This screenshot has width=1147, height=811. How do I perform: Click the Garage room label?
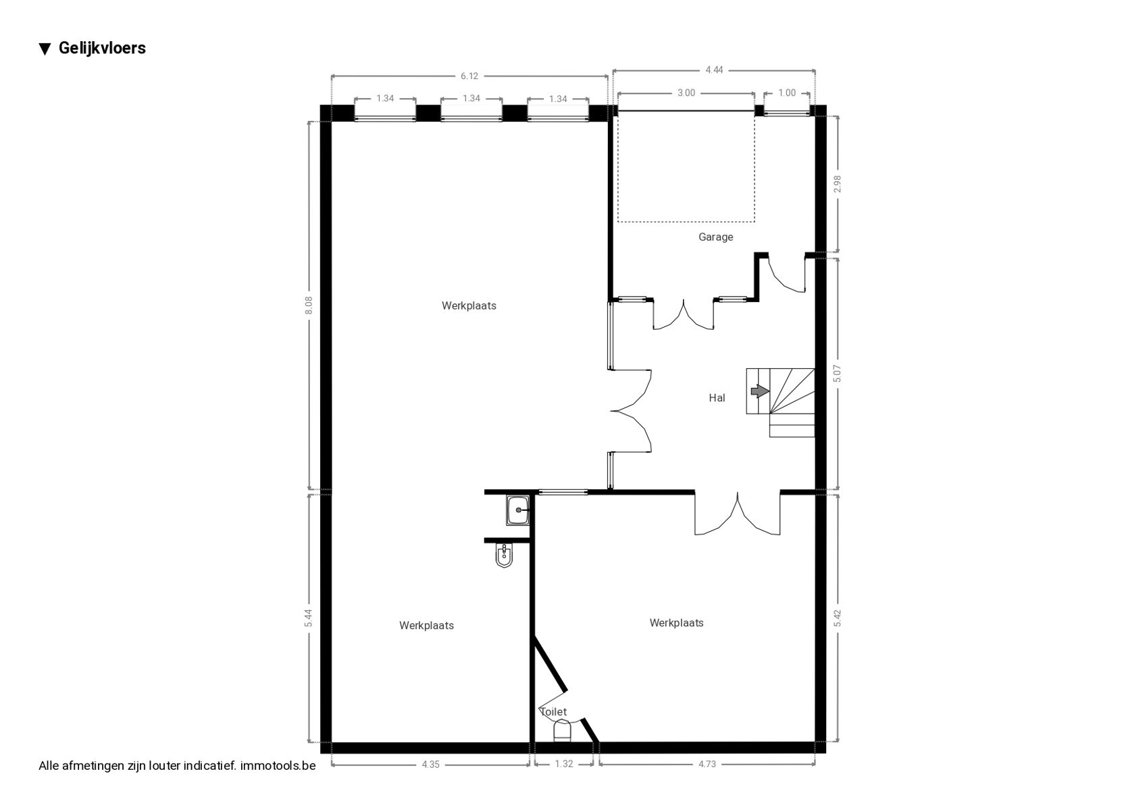[x=715, y=237]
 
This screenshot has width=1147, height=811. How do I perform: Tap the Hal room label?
[x=717, y=397]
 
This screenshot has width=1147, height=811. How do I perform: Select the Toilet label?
[x=553, y=712]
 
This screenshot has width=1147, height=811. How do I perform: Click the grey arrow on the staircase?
[x=760, y=391]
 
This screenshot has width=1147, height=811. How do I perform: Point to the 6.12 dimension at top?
[x=469, y=76]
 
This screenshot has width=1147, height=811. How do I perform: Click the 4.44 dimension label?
[x=714, y=70]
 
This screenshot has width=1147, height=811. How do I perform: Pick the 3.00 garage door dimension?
[x=686, y=93]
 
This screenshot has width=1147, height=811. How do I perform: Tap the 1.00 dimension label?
[x=787, y=93]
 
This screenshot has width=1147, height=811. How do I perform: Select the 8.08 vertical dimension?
[x=308, y=305]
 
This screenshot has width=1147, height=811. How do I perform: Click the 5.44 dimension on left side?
[x=308, y=618]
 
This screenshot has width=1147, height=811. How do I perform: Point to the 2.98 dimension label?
[x=837, y=184]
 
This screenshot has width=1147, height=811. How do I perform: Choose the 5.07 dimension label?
[x=837, y=374]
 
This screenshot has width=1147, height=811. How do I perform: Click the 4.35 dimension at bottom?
[x=431, y=764]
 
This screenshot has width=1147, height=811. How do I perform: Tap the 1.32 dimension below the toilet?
[x=564, y=764]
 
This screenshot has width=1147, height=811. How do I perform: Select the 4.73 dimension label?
[x=707, y=764]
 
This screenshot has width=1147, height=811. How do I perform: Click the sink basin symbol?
[x=518, y=510]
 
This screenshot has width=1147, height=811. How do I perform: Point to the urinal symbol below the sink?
[x=504, y=556]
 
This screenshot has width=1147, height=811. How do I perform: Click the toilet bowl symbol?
[x=562, y=730]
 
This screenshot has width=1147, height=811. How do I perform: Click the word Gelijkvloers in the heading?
[x=103, y=48]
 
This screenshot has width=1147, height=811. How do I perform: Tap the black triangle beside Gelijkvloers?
[x=45, y=49]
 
